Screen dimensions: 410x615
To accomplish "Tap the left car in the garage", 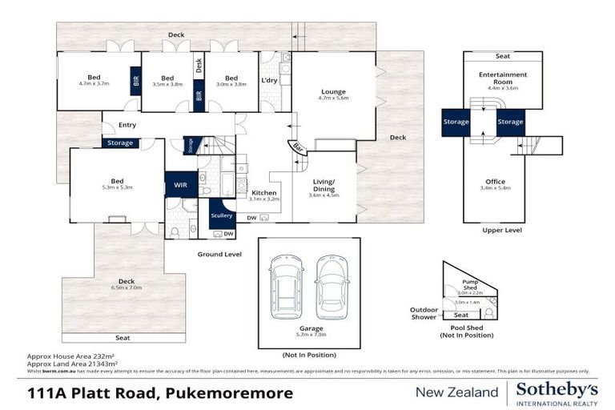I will pyautogui.click(x=286, y=287).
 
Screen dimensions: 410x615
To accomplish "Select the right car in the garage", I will pyautogui.click(x=331, y=287).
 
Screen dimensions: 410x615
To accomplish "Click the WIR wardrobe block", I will pyautogui.click(x=181, y=184).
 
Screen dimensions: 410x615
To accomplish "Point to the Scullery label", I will pyautogui.click(x=221, y=215).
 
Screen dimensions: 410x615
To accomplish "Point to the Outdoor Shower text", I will pyautogui.click(x=424, y=313).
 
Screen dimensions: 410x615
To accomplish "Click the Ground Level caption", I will pyautogui.click(x=220, y=254).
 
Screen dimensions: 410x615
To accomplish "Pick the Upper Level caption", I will pyautogui.click(x=502, y=230).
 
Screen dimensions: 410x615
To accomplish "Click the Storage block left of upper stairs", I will pyautogui.click(x=455, y=122).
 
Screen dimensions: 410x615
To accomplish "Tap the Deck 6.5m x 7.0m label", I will pyautogui.click(x=125, y=283).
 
